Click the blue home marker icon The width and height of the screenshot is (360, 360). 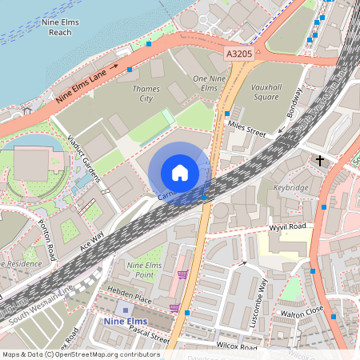(x=180, y=173)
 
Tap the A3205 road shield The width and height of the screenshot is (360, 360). (x=239, y=54)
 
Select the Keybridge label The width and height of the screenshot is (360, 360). (x=291, y=187)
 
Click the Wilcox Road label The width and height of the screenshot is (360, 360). (x=238, y=347)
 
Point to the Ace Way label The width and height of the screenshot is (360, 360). (x=92, y=242)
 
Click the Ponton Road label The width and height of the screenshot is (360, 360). (x=50, y=241)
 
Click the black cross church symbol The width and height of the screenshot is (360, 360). (x=320, y=161)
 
